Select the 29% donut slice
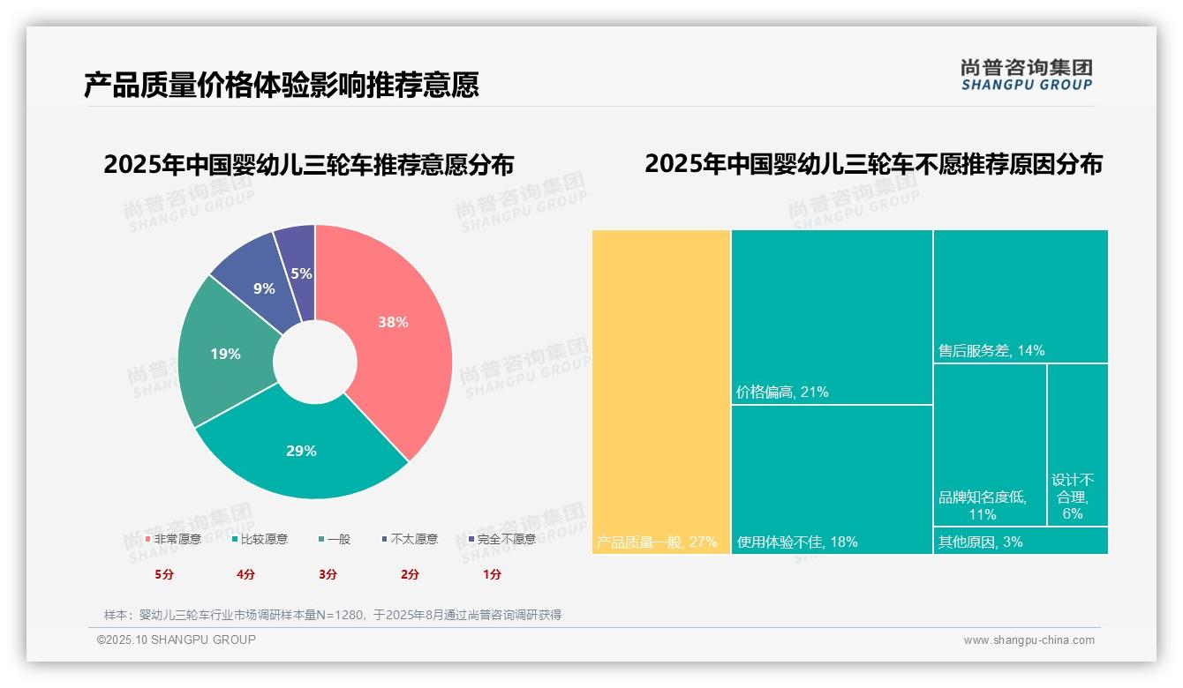click(x=301, y=451)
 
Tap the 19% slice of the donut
click(x=225, y=354)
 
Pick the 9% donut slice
click(x=263, y=288)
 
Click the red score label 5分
click(x=164, y=574)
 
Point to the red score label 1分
click(x=492, y=574)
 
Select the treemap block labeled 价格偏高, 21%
click(x=832, y=317)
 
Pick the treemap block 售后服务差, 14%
click(x=1021, y=295)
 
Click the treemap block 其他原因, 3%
click(x=1021, y=541)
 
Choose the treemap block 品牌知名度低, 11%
click(x=990, y=445)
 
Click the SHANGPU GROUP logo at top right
click(x=1027, y=75)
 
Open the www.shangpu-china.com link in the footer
click(x=1029, y=640)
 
